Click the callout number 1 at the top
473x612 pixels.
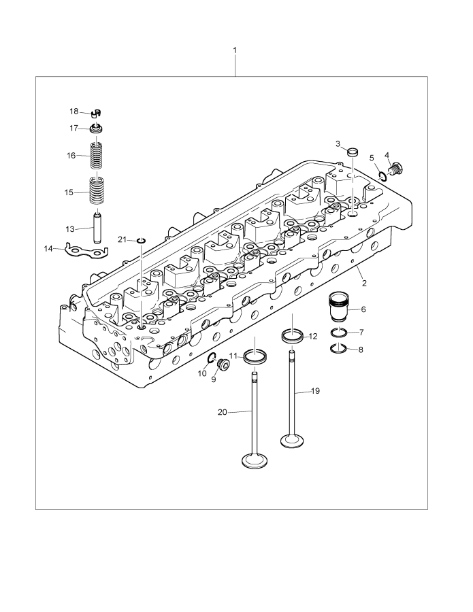pyautogui.click(x=235, y=50)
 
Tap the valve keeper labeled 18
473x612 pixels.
pyautogui.click(x=96, y=113)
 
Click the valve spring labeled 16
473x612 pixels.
pyautogui.click(x=98, y=155)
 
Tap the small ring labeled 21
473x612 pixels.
pyautogui.click(x=142, y=240)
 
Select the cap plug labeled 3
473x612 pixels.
pyautogui.click(x=353, y=150)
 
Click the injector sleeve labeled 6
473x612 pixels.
pyautogui.click(x=338, y=307)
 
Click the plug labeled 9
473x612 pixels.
pyautogui.click(x=221, y=367)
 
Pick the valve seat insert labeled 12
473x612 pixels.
pyautogui.click(x=293, y=336)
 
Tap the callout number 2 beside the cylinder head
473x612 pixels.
pyautogui.click(x=364, y=282)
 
